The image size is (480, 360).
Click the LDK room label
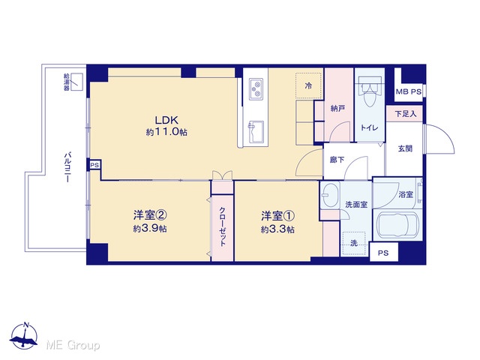pyautogui.click(x=166, y=120)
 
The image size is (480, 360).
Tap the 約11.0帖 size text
pyautogui.click(x=166, y=132)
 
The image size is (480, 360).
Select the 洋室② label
pyautogui.click(x=150, y=215)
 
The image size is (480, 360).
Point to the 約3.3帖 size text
pyautogui.click(x=277, y=229)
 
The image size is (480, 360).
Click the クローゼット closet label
pyautogui.click(x=223, y=226)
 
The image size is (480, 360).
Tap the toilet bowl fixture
pyautogui.click(x=370, y=91)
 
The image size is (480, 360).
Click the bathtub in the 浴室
pyautogui.click(x=397, y=225)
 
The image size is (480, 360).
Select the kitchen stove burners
pyautogui.click(x=256, y=89)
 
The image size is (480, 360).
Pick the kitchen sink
pyautogui.click(x=256, y=132)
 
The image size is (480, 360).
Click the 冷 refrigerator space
pyautogui.click(x=308, y=85)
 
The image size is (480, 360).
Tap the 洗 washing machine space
pyautogui.click(x=354, y=243)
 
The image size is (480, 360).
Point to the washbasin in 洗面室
pyautogui.click(x=330, y=195)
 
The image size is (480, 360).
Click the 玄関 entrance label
pyautogui.click(x=405, y=148)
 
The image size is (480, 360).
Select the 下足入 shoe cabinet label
pyautogui.click(x=405, y=114)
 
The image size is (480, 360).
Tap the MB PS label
pyautogui.click(x=408, y=91)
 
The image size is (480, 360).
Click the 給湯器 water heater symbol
pyautogui.click(x=76, y=82)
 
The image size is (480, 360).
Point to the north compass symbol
pyautogui.click(x=24, y=336)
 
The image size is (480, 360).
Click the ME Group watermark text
pyautogui.click(x=73, y=345)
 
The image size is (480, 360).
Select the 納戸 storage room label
pyautogui.click(x=337, y=108)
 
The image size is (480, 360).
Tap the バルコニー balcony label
pyautogui.click(x=67, y=167)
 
